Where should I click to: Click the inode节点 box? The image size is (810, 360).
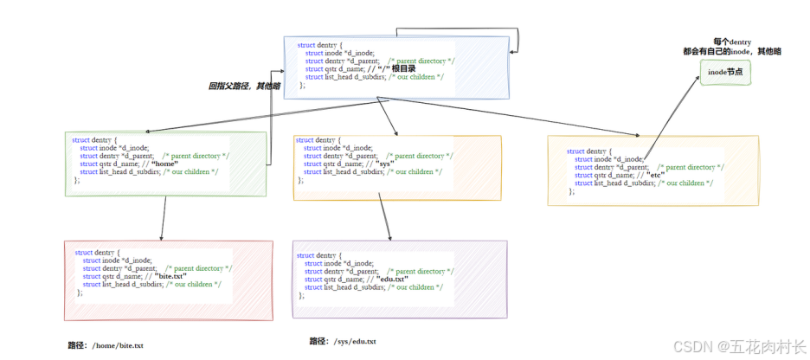pyautogui.click(x=725, y=73)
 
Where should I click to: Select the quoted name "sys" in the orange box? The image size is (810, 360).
pyautogui.click(x=386, y=164)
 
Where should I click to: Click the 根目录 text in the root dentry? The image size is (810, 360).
pyautogui.click(x=404, y=68)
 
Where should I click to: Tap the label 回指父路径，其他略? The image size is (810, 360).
pyautogui.click(x=245, y=86)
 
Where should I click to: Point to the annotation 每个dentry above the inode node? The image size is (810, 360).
pyautogui.click(x=731, y=41)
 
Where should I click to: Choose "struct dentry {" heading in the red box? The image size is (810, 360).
pyautogui.click(x=101, y=252)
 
